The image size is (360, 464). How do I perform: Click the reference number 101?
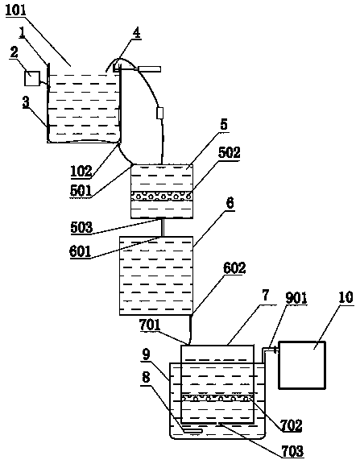pos(16,10)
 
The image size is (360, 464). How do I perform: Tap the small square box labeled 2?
pos(32,78)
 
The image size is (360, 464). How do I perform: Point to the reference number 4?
pos(136,33)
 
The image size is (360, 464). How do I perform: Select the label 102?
pos(81,172)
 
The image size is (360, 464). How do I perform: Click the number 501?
pos(81,191)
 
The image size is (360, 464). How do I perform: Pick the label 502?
pos(229,152)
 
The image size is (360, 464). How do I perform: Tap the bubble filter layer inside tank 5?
pos(162,196)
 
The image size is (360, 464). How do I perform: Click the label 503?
pos(81,227)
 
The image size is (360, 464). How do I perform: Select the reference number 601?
pos(80,251)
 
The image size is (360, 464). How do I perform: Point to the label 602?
pos(234,268)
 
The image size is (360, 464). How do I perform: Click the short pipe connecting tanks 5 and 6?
pos(162,227)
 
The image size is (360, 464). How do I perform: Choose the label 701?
pos(150,325)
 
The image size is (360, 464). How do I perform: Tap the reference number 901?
pos(296,298)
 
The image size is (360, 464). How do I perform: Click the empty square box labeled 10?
pos(302,365)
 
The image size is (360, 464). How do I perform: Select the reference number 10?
pos(346,297)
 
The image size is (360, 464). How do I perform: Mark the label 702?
pos(292,425)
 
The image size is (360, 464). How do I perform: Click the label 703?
pos(293,451)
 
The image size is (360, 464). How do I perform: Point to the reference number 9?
pos(146,354)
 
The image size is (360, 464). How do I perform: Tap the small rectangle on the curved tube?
pos(159,114)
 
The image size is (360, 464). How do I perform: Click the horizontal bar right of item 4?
pos(148,69)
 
